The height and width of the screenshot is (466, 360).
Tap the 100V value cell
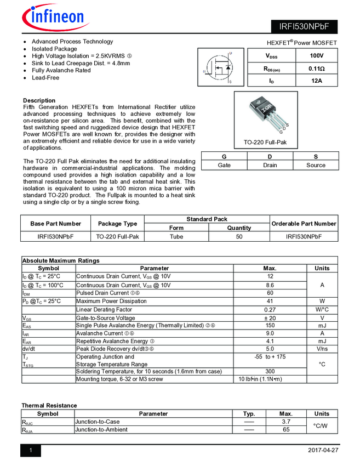click(x=316, y=56)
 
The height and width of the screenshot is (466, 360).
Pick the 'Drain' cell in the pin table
click(x=270, y=165)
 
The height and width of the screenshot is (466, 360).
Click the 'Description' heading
click(x=39, y=100)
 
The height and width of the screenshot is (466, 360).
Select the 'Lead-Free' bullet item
click(x=45, y=78)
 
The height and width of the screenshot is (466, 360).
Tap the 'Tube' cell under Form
click(x=176, y=237)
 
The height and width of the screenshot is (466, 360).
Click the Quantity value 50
click(x=239, y=237)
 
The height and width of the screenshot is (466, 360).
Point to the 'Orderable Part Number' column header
click(x=304, y=223)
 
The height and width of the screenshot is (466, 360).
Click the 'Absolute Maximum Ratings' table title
click(x=60, y=260)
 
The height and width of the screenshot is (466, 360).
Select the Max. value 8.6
click(x=270, y=285)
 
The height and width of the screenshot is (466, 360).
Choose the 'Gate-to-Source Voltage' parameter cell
click(x=105, y=318)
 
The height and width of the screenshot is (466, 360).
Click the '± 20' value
click(x=270, y=318)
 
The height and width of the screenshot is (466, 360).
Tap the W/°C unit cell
click(x=322, y=310)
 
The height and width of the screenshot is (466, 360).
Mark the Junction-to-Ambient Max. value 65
click(x=285, y=430)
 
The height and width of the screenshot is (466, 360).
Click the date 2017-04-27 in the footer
click(x=323, y=450)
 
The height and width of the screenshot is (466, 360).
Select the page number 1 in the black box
click(x=31, y=451)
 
